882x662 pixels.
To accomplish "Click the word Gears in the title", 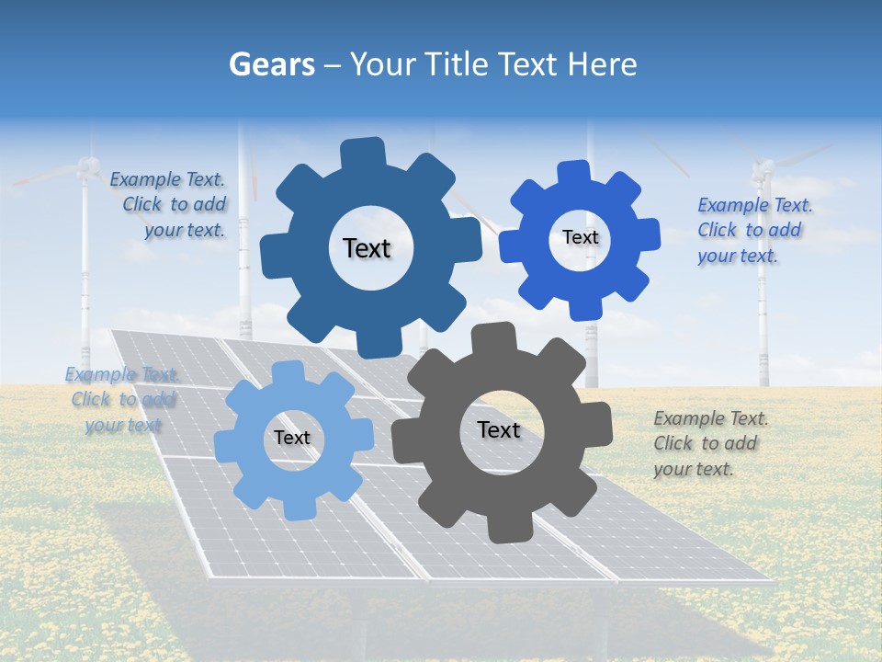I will click(x=268, y=64).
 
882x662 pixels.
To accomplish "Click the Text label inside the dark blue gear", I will click(x=367, y=248).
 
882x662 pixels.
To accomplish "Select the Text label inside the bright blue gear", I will click(x=580, y=237).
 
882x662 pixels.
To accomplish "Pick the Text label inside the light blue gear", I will click(x=292, y=439).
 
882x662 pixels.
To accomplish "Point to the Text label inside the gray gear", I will click(x=499, y=430).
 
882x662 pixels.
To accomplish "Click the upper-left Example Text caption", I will click(x=168, y=205).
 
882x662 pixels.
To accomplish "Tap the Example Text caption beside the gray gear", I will click(x=710, y=444).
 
